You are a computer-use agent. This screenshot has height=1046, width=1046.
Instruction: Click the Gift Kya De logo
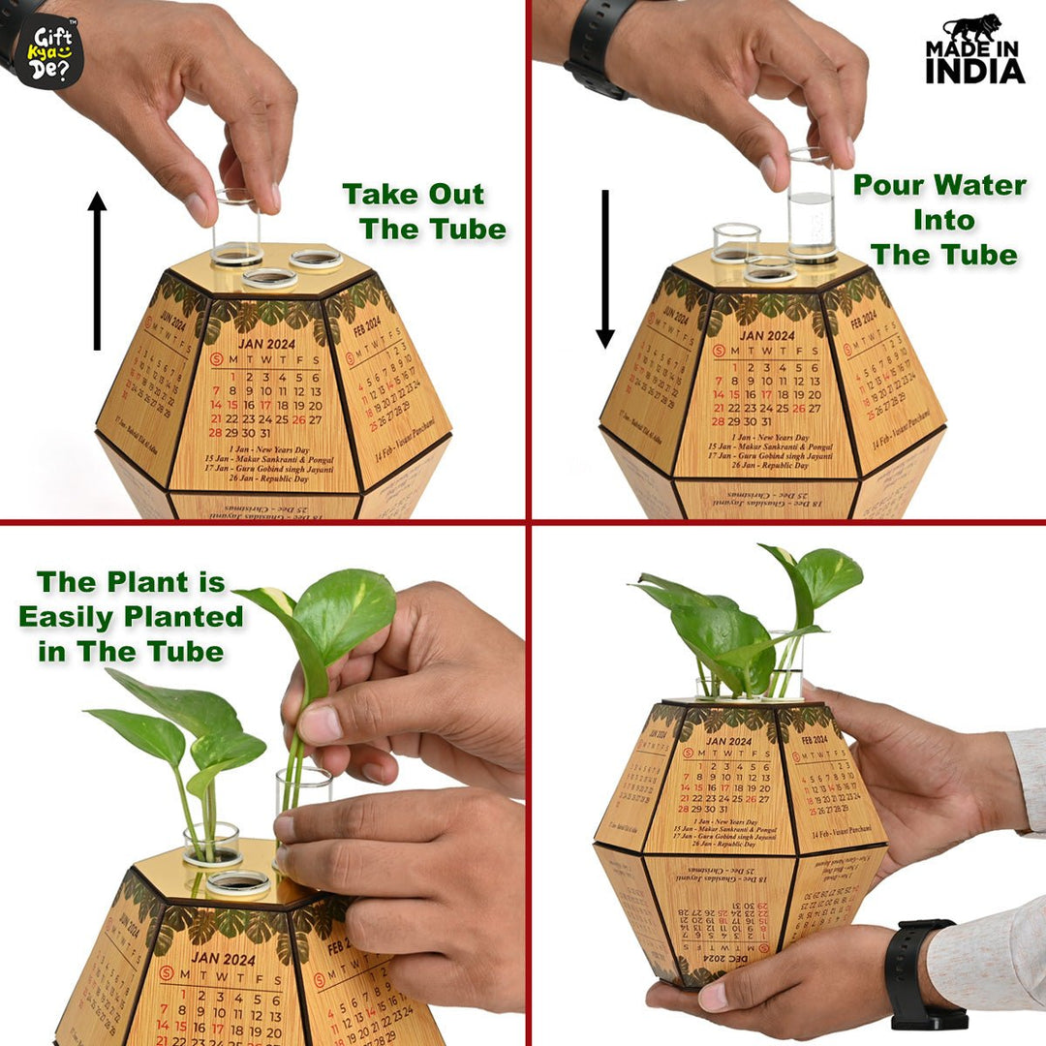48,50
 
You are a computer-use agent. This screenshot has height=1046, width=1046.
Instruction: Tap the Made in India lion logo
974,48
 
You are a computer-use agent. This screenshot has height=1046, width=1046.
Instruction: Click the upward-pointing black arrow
97,271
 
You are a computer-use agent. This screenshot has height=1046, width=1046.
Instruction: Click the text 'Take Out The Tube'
424,211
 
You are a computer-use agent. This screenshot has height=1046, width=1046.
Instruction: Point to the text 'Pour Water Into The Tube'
939,220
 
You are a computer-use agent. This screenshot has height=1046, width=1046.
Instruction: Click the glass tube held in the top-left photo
237,228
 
